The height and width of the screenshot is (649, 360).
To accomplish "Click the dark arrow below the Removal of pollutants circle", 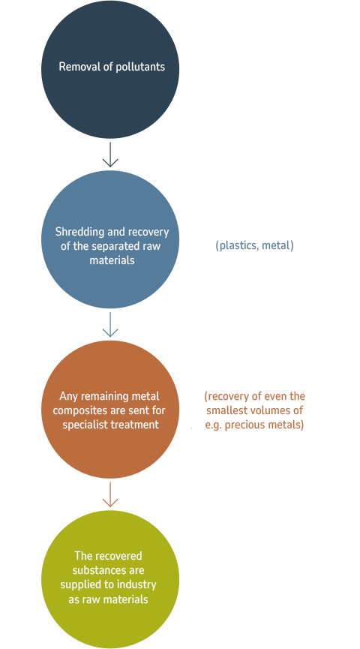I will pos(110,154).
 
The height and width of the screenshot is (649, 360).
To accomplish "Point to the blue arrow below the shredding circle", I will pos(110,324).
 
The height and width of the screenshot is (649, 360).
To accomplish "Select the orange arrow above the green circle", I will pos(110,494).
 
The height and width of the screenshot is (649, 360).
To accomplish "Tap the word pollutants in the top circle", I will pos(139,67).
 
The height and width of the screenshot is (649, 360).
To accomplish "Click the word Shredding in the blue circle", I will pos(79,232).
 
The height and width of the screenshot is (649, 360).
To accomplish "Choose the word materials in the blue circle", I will pos(112,260).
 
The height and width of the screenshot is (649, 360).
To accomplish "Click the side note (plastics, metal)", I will pos(254,245).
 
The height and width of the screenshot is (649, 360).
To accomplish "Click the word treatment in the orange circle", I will pos(135,425).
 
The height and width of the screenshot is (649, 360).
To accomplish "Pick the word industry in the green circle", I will pos(137,584).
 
